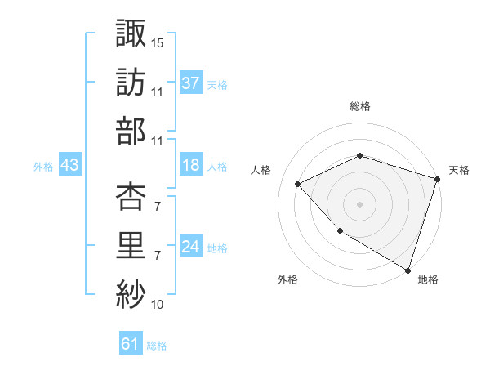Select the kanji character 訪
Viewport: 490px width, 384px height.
pos(131,82)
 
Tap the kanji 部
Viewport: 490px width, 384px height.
pos(131,131)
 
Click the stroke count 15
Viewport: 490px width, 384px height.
pos(158,42)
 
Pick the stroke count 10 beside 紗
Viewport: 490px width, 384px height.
pos(158,306)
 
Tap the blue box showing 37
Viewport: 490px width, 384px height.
pos(191,83)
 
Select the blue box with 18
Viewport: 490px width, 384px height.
pos(191,165)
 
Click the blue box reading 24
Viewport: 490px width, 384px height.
pos(191,247)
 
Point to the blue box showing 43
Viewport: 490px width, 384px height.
pos(69,165)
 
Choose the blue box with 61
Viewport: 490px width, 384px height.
pos(131,344)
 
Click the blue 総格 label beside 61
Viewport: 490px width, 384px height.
pos(157,346)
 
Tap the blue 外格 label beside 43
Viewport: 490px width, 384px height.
pos(43,166)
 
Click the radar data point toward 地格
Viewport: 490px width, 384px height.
pos(407,269)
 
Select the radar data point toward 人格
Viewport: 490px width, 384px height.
pos(298,184)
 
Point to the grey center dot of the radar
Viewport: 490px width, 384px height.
pos(359,203)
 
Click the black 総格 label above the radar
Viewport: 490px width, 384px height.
pos(359,106)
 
